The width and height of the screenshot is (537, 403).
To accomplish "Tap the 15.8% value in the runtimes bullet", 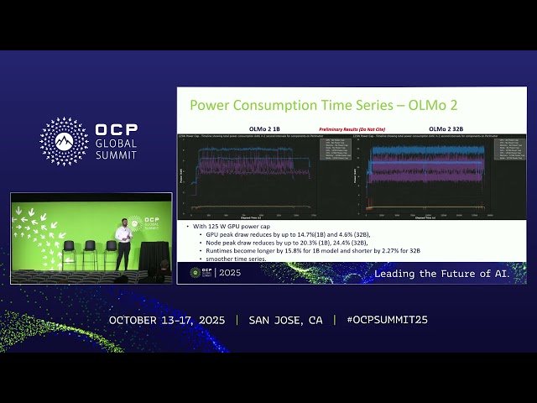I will coord(284,251).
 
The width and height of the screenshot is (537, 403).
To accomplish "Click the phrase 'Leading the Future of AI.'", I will coord(441,274).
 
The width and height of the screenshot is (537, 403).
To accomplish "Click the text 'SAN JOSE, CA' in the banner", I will coord(285,320).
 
